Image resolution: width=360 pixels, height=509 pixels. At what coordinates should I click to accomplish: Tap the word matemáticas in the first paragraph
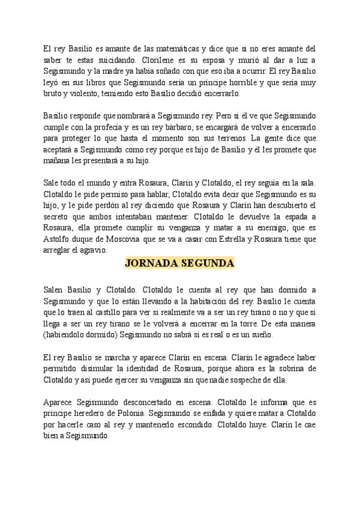(175, 49)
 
